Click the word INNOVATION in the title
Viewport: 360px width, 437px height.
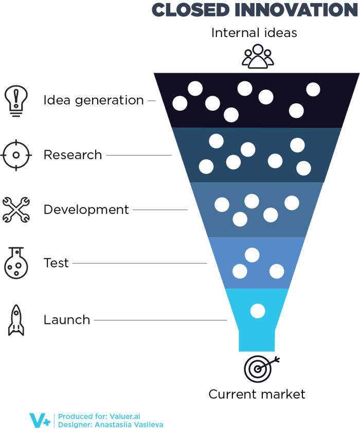pos(296,10)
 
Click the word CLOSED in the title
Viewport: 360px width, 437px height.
pos(190,10)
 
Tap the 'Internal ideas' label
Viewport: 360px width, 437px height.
pos(254,32)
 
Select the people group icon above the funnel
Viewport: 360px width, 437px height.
pos(258,56)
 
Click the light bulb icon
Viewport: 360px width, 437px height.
pos(16,101)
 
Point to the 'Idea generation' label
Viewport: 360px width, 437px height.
pos(94,100)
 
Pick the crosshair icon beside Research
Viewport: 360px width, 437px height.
pos(16,155)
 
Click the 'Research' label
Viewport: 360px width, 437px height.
pos(73,155)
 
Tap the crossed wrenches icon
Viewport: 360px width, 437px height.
pos(16,209)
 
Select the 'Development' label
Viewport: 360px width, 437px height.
pos(86,209)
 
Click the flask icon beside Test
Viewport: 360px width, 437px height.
pos(16,263)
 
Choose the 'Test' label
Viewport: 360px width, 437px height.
pos(56,263)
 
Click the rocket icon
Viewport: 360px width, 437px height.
pos(16,320)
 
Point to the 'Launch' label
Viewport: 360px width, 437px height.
pos(67,320)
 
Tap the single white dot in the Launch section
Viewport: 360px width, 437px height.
pos(258,311)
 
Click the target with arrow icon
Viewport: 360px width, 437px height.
pos(261,369)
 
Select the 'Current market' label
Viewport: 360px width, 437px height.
pos(257,394)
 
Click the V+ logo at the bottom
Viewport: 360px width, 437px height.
pos(40,421)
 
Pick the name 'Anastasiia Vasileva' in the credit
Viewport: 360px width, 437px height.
pos(129,425)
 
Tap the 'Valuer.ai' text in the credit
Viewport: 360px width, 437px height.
pos(125,416)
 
